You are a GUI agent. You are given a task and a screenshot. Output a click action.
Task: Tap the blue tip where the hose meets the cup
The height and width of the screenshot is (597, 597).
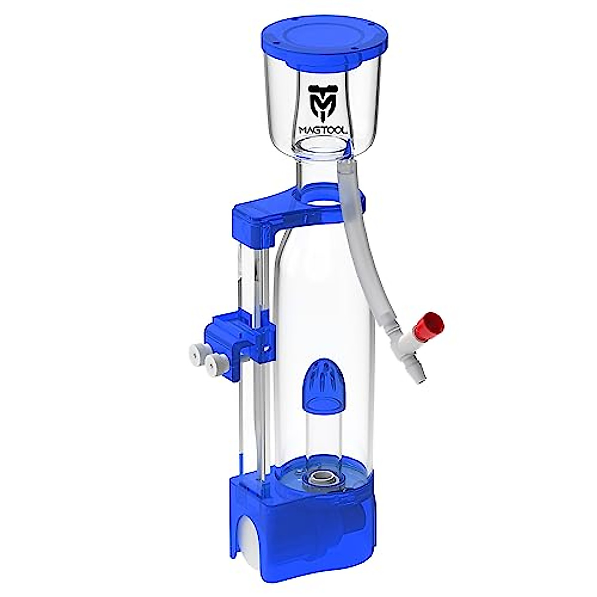(352, 148)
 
